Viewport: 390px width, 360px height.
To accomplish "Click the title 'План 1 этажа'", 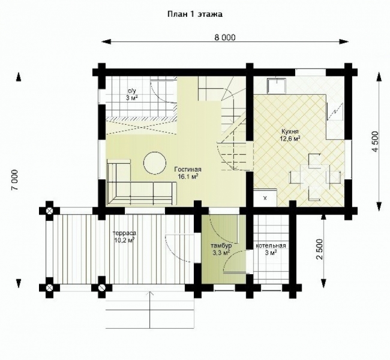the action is [x=195, y=14].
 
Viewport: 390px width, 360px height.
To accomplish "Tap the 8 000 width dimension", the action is [x=225, y=37].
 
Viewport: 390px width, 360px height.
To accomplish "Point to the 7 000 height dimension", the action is [x=15, y=180].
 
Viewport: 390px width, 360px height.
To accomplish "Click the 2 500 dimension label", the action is [x=319, y=250].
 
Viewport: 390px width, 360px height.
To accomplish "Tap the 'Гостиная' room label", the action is [x=188, y=169].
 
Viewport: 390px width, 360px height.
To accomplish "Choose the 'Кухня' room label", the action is [x=290, y=131].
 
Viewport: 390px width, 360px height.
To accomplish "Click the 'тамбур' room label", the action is [x=221, y=246].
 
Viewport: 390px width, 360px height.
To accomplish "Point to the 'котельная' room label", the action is [x=271, y=246].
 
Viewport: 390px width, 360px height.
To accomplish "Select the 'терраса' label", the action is [x=124, y=233].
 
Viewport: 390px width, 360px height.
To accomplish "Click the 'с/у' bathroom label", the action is [x=130, y=91].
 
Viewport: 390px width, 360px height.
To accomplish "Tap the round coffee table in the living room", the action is [x=155, y=163].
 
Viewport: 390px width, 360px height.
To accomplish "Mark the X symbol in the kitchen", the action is [x=265, y=198].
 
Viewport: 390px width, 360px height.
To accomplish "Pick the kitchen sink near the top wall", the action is [x=277, y=86].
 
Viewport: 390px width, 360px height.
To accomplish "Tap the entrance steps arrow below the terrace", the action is [x=150, y=310].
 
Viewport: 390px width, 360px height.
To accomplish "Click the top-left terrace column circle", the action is [x=50, y=211].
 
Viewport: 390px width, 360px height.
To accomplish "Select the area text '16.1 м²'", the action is [x=188, y=176].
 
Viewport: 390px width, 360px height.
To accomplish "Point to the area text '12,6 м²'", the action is [x=290, y=139].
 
